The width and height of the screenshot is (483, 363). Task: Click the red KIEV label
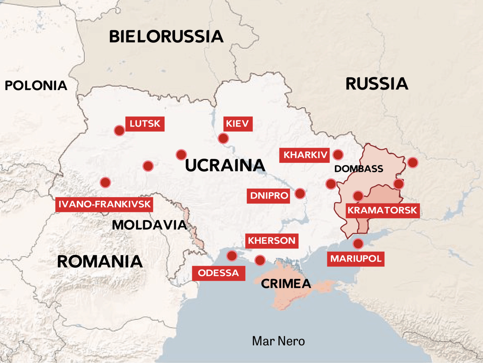pos(238,124)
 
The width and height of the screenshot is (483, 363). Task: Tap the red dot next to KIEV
pos(223,138)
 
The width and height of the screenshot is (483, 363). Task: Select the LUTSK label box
pos(145,124)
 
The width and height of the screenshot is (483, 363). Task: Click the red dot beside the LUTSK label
pos(119,131)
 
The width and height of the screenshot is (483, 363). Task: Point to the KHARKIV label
pos(304,155)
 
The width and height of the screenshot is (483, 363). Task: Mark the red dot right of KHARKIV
pos(338,155)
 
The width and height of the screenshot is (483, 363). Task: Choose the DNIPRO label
pos(268,196)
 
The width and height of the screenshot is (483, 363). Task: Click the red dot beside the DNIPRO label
pos(300,194)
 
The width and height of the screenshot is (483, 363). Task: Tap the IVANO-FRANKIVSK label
pos(104,204)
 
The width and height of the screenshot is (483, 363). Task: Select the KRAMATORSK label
pos(382,210)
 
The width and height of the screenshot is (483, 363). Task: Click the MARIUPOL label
pos(355,259)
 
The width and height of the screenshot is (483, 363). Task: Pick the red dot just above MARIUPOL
pos(358,244)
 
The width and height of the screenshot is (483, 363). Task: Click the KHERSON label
pos(272,241)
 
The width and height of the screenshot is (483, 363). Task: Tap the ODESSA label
pos(218,273)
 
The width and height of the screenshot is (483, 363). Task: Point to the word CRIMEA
pos(286,284)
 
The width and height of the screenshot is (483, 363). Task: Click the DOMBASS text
pos(358,169)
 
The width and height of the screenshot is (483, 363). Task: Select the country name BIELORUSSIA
pos(166,37)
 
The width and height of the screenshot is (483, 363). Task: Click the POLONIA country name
pos(36,86)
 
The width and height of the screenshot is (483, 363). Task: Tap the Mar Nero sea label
pos(278,341)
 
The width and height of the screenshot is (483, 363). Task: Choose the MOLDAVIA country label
pos(149,225)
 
